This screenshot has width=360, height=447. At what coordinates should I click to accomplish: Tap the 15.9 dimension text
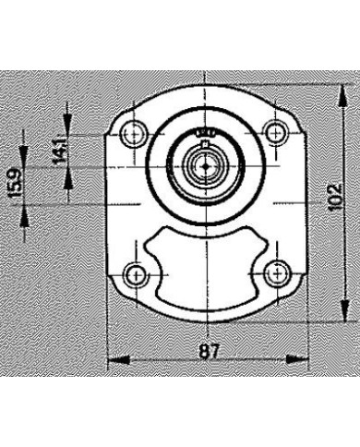pos(13,185)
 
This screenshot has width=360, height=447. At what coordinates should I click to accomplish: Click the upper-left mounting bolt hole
pos(135,133)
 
